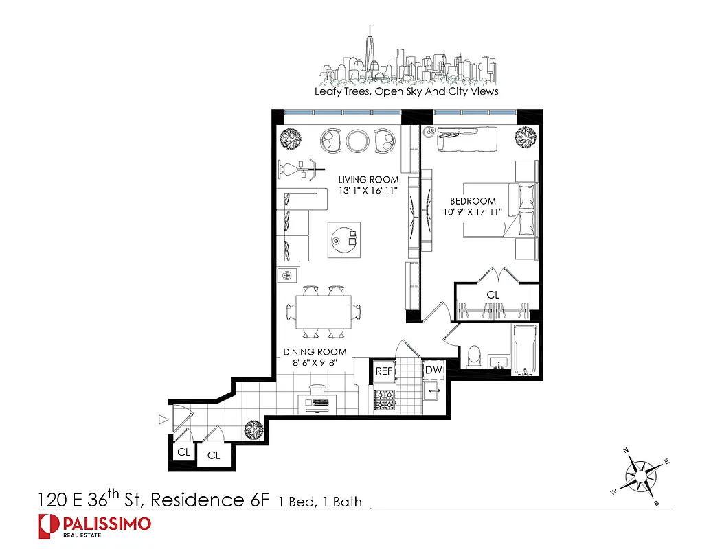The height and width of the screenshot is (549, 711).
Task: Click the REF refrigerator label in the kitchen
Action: coord(384,371)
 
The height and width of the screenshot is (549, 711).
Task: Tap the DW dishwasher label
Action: coord(433,371)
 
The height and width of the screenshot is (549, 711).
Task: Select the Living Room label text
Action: coord(368,180)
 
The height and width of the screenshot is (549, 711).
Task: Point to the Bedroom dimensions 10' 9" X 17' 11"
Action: coord(473,211)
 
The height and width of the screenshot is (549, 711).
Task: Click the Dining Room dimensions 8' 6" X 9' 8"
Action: coord(315,364)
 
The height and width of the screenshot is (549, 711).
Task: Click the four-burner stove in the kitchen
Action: coord(385,400)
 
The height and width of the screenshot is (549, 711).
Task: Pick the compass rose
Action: coord(640,474)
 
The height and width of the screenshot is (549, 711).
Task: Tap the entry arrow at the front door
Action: coord(163,418)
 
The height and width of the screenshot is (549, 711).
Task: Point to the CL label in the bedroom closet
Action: coord(493,295)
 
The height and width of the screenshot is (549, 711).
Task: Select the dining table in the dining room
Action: coord(324,312)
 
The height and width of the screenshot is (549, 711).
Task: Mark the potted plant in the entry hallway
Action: coord(253,430)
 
